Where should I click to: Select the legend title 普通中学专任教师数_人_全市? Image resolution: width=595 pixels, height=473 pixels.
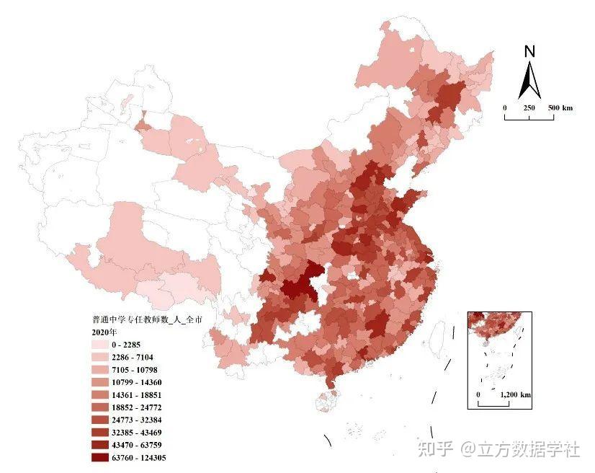coord(143,319)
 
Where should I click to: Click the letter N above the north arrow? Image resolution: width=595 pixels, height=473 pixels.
coord(529,52)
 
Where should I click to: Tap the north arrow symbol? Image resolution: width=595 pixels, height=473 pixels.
coord(529,80)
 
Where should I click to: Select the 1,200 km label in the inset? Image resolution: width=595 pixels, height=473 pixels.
coord(515,395)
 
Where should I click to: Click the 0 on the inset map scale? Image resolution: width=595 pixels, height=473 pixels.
coord(478,395)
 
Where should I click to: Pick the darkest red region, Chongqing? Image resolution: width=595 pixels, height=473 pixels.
coord(299,280)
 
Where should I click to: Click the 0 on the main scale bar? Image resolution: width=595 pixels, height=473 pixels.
coord(505,107)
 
